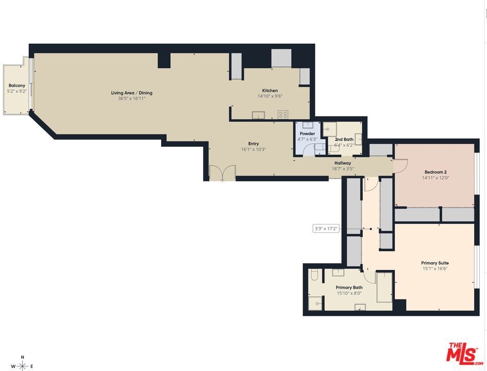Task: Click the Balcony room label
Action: [17, 86]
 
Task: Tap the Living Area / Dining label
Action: [132, 93]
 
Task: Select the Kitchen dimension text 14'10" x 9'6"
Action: [270, 96]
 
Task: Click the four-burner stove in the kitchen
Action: [283, 114]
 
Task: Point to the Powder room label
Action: [307, 134]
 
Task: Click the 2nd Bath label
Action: [344, 139]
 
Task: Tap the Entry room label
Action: [253, 144]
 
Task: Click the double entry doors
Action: [222, 173]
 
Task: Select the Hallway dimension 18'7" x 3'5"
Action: [343, 169]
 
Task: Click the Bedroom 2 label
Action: [436, 172]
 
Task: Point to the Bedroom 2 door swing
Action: [401, 165]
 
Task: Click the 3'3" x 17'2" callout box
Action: [326, 229]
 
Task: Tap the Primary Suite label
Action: [435, 263]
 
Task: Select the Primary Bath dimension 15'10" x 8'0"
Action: [349, 293]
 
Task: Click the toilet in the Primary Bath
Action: [315, 275]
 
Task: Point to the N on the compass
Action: [22, 357]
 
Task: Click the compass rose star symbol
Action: [22, 366]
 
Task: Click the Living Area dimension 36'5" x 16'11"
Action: [132, 98]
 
